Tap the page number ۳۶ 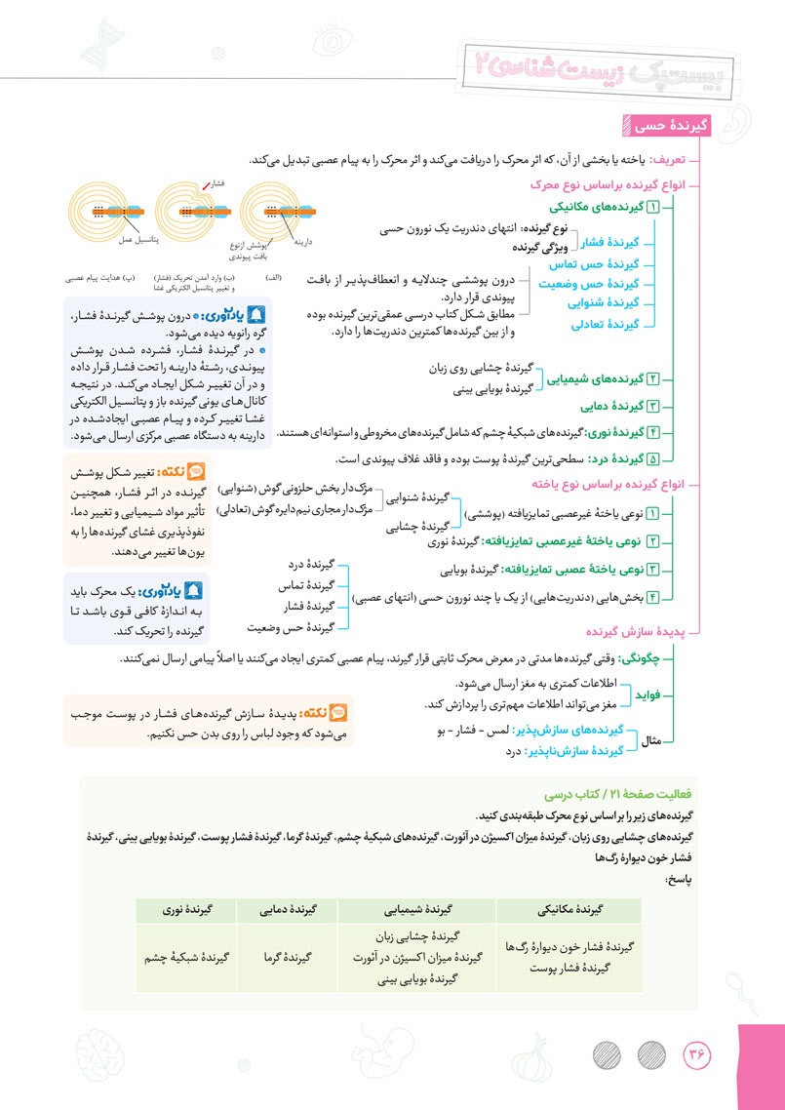pos(698,1055)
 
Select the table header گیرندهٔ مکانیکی pos(569,910)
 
